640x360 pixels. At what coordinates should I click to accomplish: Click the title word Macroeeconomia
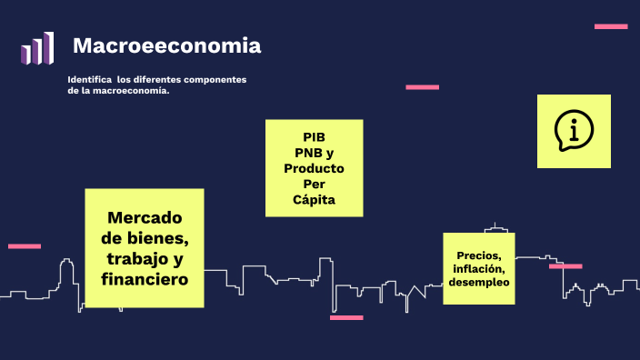166,45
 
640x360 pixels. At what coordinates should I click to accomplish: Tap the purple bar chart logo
37,48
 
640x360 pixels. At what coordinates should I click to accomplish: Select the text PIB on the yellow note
315,136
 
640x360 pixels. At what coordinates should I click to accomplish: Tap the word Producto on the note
314,168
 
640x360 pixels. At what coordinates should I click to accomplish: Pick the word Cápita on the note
315,199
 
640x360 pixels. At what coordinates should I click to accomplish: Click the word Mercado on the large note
145,218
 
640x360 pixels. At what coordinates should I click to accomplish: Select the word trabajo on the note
136,259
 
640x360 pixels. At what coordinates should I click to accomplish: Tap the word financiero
145,279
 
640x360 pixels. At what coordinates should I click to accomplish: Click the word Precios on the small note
478,255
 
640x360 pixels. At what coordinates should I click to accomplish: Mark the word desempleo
479,282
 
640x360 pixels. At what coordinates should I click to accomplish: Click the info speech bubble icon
574,131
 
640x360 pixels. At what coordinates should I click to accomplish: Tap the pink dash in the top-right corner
611,26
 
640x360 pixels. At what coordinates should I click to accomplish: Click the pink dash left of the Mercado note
25,246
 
